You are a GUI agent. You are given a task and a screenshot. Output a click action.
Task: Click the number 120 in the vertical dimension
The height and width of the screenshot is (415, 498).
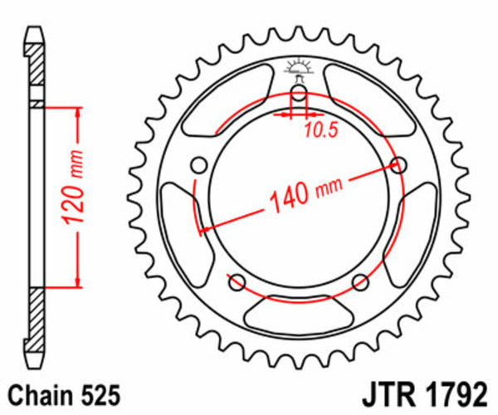72,206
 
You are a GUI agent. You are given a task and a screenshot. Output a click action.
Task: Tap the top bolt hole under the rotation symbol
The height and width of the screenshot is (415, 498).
298,90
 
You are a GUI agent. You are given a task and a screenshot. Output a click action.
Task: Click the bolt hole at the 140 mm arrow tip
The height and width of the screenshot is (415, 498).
399,164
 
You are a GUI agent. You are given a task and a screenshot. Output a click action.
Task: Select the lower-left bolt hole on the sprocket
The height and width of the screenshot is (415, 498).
236,280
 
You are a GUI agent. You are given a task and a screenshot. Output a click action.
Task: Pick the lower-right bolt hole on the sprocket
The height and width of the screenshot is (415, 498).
361,280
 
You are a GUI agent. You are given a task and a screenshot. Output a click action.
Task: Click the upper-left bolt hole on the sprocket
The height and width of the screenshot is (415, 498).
198,164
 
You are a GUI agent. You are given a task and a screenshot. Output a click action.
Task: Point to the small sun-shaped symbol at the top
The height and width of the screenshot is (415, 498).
298,68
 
